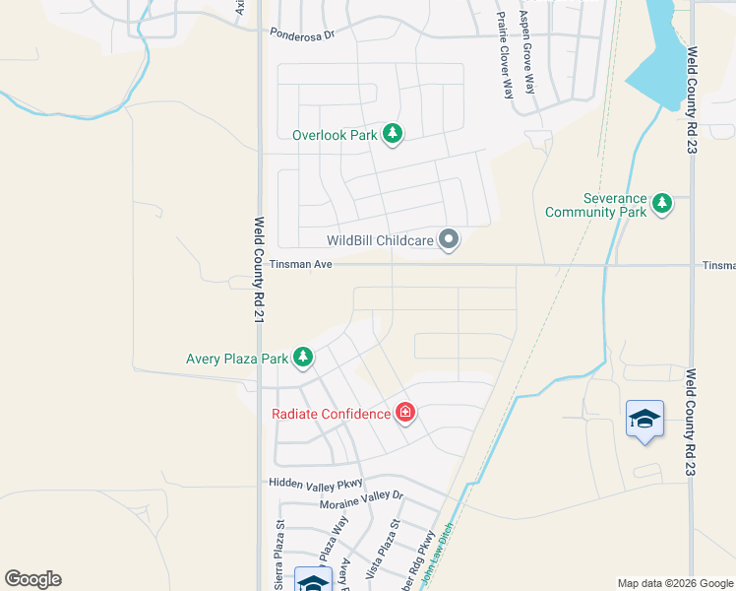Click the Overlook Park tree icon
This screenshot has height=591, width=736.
(x=393, y=134)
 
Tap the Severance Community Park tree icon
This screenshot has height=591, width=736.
(x=663, y=204)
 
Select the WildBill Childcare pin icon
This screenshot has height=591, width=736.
(x=449, y=240)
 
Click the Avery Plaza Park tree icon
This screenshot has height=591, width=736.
(x=303, y=359)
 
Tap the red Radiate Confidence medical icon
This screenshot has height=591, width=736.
(x=404, y=414)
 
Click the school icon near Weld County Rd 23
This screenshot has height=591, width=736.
(x=644, y=421)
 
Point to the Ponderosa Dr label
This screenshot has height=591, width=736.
(x=303, y=32)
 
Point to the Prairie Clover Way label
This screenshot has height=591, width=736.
(x=505, y=55)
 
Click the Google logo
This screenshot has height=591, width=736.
(x=32, y=579)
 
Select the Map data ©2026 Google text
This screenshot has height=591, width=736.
(x=674, y=583)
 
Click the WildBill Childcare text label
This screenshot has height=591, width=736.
(x=380, y=240)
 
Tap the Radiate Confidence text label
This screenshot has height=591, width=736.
(x=331, y=414)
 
